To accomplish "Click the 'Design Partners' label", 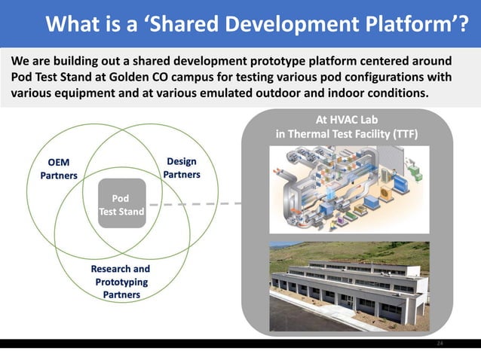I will (182, 168).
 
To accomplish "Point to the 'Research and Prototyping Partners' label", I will (121, 282).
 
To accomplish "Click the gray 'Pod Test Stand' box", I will (121, 206).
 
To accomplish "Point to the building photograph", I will (349, 286).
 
